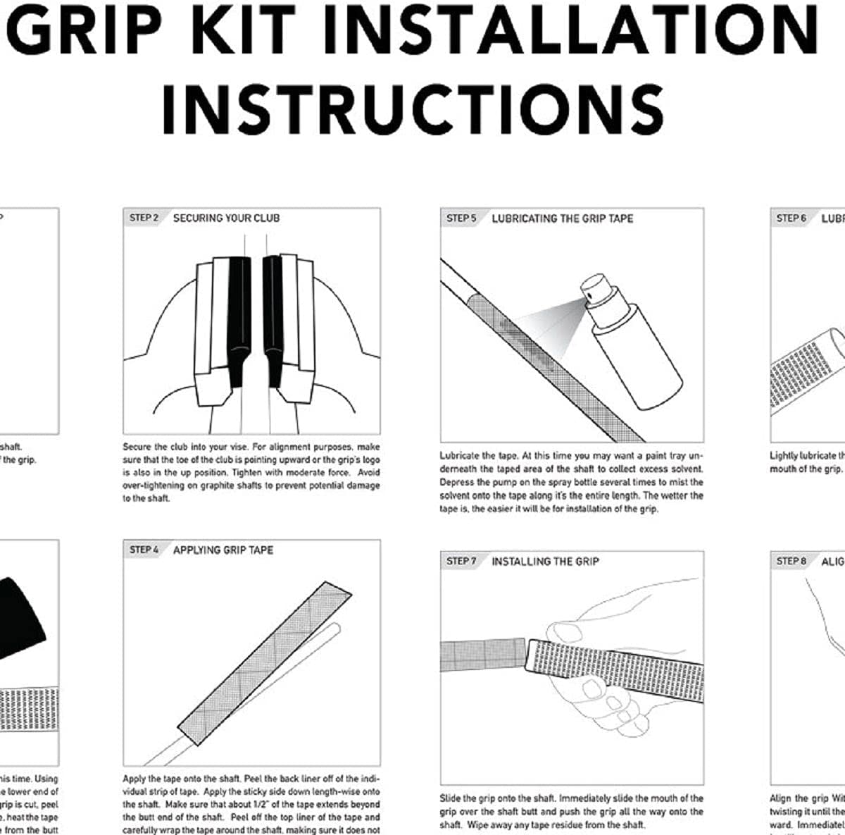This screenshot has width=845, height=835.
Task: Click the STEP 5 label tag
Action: click(x=461, y=218)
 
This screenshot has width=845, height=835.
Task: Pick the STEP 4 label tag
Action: click(x=144, y=550)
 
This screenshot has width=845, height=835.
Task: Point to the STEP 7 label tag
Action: click(x=461, y=562)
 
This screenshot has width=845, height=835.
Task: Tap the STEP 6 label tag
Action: click(x=791, y=218)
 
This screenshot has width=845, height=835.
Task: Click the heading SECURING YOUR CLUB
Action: click(x=226, y=218)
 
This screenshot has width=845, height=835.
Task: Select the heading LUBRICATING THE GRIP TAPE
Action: click(x=562, y=218)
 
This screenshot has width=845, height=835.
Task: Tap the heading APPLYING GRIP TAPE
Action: click(x=223, y=550)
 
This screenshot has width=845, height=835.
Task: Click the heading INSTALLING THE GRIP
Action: click(x=545, y=562)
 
